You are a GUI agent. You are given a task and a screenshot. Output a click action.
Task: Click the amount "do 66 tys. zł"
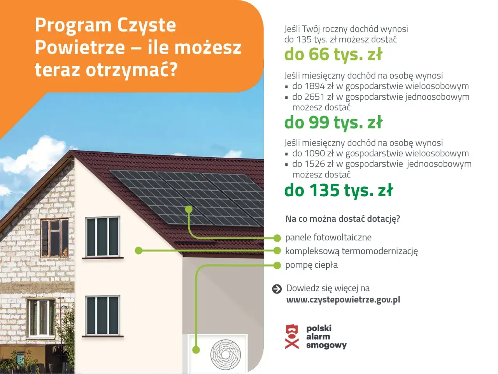point(333,54)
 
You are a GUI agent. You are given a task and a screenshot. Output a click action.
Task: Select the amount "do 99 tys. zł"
point(333,123)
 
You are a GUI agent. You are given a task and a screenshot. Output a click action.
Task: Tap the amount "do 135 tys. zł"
point(338,190)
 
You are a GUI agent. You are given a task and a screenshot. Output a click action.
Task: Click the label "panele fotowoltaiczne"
point(328,237)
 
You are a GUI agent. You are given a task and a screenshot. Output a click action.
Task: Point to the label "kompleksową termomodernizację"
point(351,251)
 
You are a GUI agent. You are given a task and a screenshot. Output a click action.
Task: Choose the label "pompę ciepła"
point(311,265)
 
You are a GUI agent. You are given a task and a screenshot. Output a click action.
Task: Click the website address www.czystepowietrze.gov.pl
point(343,300)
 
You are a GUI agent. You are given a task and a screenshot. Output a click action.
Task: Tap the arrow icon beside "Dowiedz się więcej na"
point(277,289)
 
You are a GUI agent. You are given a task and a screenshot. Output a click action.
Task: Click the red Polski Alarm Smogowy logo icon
point(292,337)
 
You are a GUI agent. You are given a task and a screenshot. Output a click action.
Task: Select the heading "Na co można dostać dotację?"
point(343,219)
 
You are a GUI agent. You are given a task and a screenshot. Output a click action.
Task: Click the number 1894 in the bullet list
point(314,86)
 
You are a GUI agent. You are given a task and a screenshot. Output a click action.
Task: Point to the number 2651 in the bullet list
point(314,97)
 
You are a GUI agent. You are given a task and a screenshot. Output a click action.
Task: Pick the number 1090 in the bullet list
point(314,153)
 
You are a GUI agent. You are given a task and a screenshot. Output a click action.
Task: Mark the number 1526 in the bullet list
point(314,164)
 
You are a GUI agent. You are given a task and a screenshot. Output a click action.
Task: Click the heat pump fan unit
point(225,354)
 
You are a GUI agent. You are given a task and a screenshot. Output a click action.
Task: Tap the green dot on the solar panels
point(189,209)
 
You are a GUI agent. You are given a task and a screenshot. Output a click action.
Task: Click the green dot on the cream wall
point(138,251)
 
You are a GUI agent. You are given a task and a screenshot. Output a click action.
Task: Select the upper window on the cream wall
point(103,237)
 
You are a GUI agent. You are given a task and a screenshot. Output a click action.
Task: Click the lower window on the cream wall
point(103,315)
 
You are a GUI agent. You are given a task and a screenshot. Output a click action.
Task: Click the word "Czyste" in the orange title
point(146,25)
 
